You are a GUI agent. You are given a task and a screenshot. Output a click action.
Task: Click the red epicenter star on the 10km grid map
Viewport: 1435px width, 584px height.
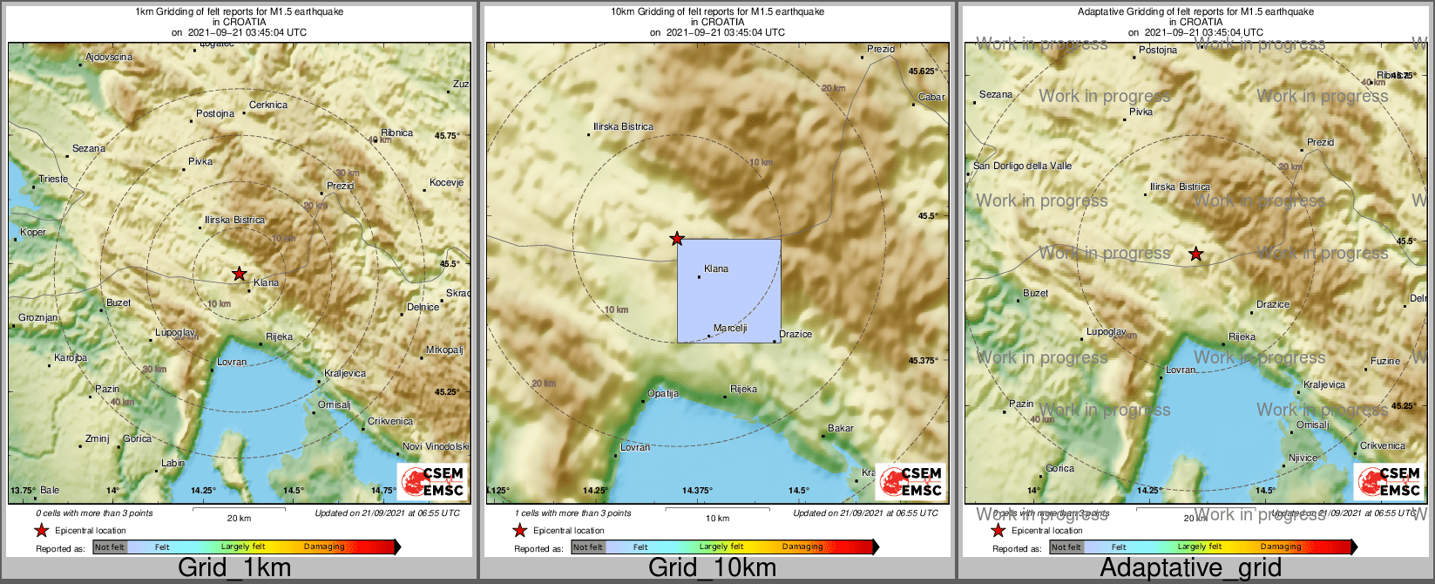click(676, 239)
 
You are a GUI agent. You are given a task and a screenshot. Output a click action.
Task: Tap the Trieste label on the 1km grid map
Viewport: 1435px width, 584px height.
click(53, 180)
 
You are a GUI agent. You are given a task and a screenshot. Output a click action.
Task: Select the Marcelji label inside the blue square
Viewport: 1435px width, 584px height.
click(730, 329)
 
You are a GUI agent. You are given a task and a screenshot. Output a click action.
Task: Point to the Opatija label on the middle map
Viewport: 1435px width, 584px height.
click(663, 393)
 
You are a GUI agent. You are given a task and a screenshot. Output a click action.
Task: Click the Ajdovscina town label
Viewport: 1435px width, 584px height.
click(109, 58)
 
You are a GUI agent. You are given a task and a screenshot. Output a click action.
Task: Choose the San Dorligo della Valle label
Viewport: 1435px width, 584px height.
click(1022, 166)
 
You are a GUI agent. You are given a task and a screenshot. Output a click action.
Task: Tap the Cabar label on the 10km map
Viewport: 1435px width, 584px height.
click(931, 97)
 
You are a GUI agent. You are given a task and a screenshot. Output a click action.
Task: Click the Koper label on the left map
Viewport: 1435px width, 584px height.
click(33, 232)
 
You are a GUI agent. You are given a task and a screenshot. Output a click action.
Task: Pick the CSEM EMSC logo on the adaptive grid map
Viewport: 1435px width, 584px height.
click(1388, 482)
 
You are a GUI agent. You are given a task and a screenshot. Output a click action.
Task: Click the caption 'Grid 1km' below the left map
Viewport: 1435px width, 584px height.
click(234, 568)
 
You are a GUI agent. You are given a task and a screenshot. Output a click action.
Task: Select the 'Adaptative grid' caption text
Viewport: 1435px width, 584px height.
click(1190, 568)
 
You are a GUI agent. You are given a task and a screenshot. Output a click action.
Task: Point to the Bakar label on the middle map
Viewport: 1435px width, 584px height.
click(841, 428)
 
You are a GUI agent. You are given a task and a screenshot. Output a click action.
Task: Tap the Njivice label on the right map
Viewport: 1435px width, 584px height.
click(1303, 458)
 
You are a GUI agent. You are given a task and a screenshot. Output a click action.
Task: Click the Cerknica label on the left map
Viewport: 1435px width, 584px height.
click(268, 105)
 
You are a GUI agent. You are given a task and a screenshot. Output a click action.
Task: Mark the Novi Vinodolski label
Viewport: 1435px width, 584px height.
click(436, 446)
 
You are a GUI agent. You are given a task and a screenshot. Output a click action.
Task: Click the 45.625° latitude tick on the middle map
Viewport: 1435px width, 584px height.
click(923, 71)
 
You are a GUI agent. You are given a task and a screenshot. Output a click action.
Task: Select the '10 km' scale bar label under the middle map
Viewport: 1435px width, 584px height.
click(717, 519)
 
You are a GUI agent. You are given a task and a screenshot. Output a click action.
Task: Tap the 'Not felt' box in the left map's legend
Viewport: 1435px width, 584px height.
click(110, 547)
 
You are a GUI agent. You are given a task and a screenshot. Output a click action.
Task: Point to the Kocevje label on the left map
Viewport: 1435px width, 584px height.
click(446, 182)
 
